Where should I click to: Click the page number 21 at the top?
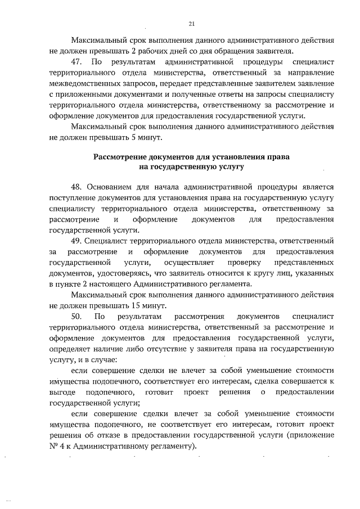click(x=191, y=24)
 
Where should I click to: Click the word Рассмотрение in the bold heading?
click(x=120, y=156)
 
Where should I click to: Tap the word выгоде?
click(x=62, y=391)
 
